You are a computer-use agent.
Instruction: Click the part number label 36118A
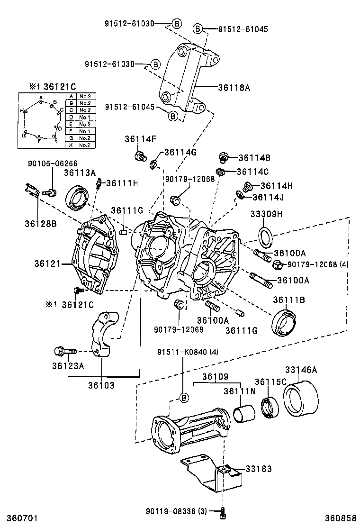234,87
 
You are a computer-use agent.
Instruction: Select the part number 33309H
266,214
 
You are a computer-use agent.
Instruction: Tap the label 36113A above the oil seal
80,173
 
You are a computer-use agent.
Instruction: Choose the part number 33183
259,469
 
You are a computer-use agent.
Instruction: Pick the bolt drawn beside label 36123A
63,352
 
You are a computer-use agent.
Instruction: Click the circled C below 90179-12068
175,201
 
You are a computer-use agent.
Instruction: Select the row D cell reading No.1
85,117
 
